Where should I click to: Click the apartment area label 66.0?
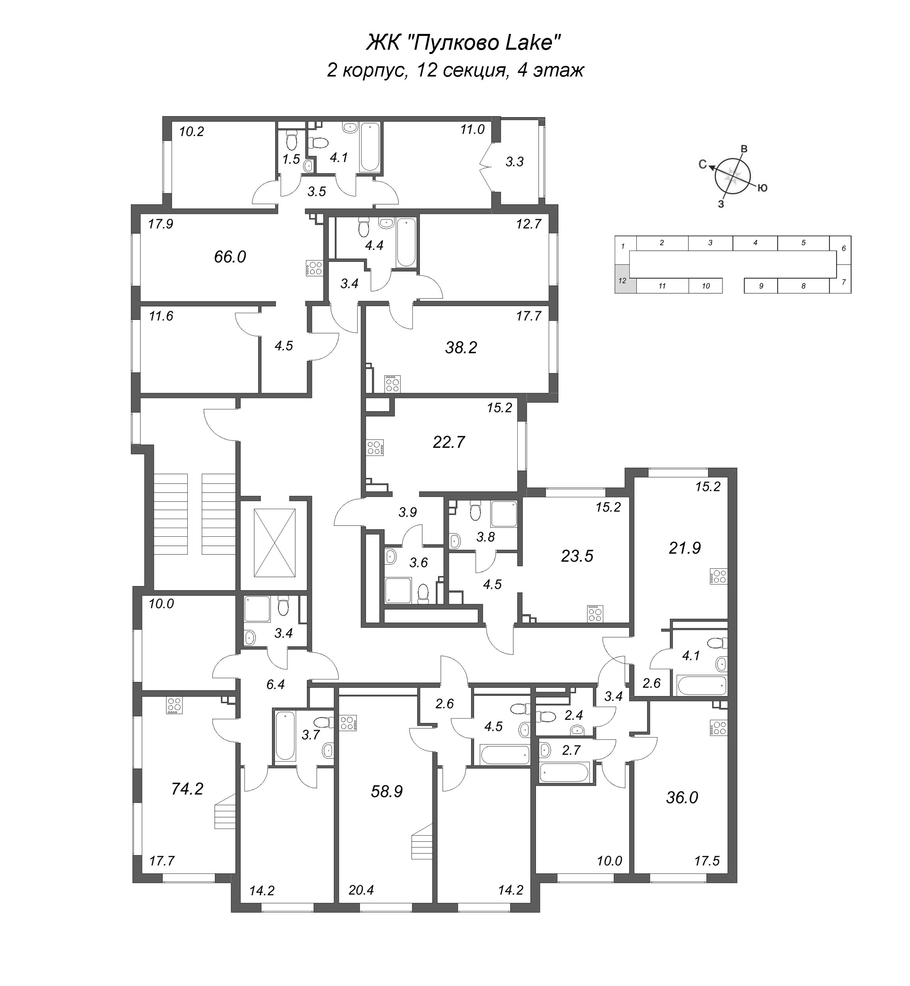pyautogui.click(x=230, y=257)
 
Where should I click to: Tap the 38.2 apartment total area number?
pyautogui.click(x=461, y=348)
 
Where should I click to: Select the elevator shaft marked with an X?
pyautogui.click(x=274, y=543)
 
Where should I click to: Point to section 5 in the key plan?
pyautogui.click(x=803, y=243)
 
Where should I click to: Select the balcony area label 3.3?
pyautogui.click(x=515, y=162)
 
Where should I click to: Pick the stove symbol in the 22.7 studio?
pyautogui.click(x=374, y=448)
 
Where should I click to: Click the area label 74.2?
pyautogui.click(x=187, y=788)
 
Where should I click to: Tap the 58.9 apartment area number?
pyautogui.click(x=387, y=792)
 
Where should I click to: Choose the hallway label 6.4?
pyautogui.click(x=275, y=684)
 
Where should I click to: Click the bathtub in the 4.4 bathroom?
pyautogui.click(x=406, y=242)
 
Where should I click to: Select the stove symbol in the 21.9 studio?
pyautogui.click(x=718, y=576)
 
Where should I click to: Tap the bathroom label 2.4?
pyautogui.click(x=574, y=715)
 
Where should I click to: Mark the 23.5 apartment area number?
pyautogui.click(x=577, y=556)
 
